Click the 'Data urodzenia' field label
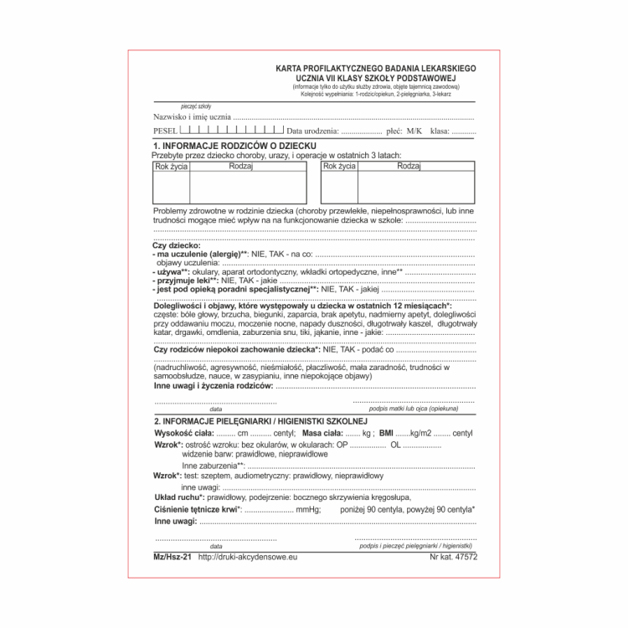tap(311, 132)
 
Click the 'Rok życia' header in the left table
tap(171, 167)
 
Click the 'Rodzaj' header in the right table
tap(409, 167)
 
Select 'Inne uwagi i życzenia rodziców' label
tap(214, 387)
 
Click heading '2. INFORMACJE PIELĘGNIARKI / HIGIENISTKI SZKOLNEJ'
tap(261, 420)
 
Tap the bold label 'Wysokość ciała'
tap(183, 434)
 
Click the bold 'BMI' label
tap(386, 434)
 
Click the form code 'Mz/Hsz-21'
tap(173, 556)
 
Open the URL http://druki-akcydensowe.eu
tap(249, 556)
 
